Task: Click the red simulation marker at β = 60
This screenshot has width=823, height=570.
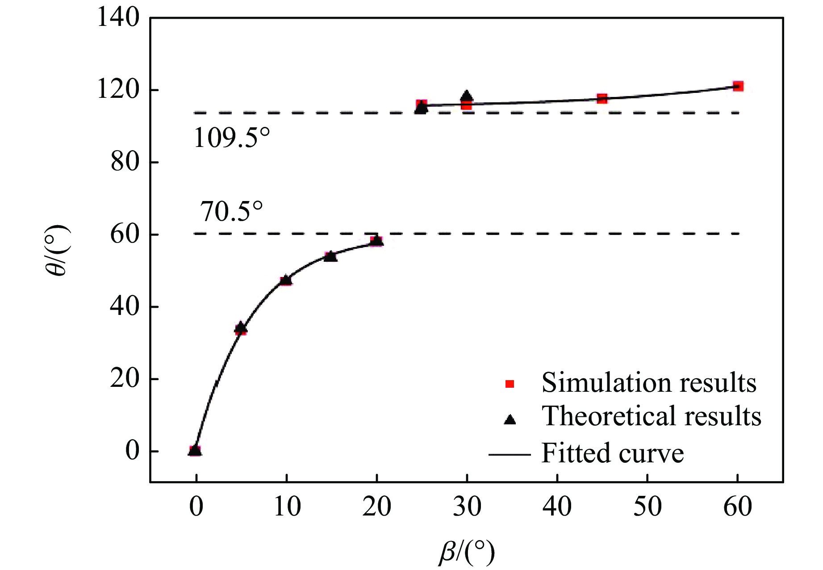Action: click(738, 86)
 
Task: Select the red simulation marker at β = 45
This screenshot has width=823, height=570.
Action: click(602, 98)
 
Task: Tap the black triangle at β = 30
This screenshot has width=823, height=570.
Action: click(467, 97)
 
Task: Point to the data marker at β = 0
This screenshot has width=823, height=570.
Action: click(195, 450)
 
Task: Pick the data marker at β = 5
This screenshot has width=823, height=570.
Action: click(241, 329)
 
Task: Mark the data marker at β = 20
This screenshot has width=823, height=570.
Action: click(376, 241)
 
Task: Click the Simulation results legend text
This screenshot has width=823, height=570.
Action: click(649, 383)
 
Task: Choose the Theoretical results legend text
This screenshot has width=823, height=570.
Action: click(651, 416)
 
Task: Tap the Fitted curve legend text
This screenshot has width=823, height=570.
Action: click(613, 453)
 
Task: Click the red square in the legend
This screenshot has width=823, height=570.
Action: click(510, 384)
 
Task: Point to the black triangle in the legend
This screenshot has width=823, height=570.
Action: click(510, 419)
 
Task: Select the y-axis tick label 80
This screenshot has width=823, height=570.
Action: click(125, 162)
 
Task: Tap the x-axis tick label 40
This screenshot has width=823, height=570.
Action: click(557, 507)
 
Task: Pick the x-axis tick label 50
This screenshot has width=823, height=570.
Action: click(647, 507)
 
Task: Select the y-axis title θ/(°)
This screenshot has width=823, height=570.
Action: click(58, 250)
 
